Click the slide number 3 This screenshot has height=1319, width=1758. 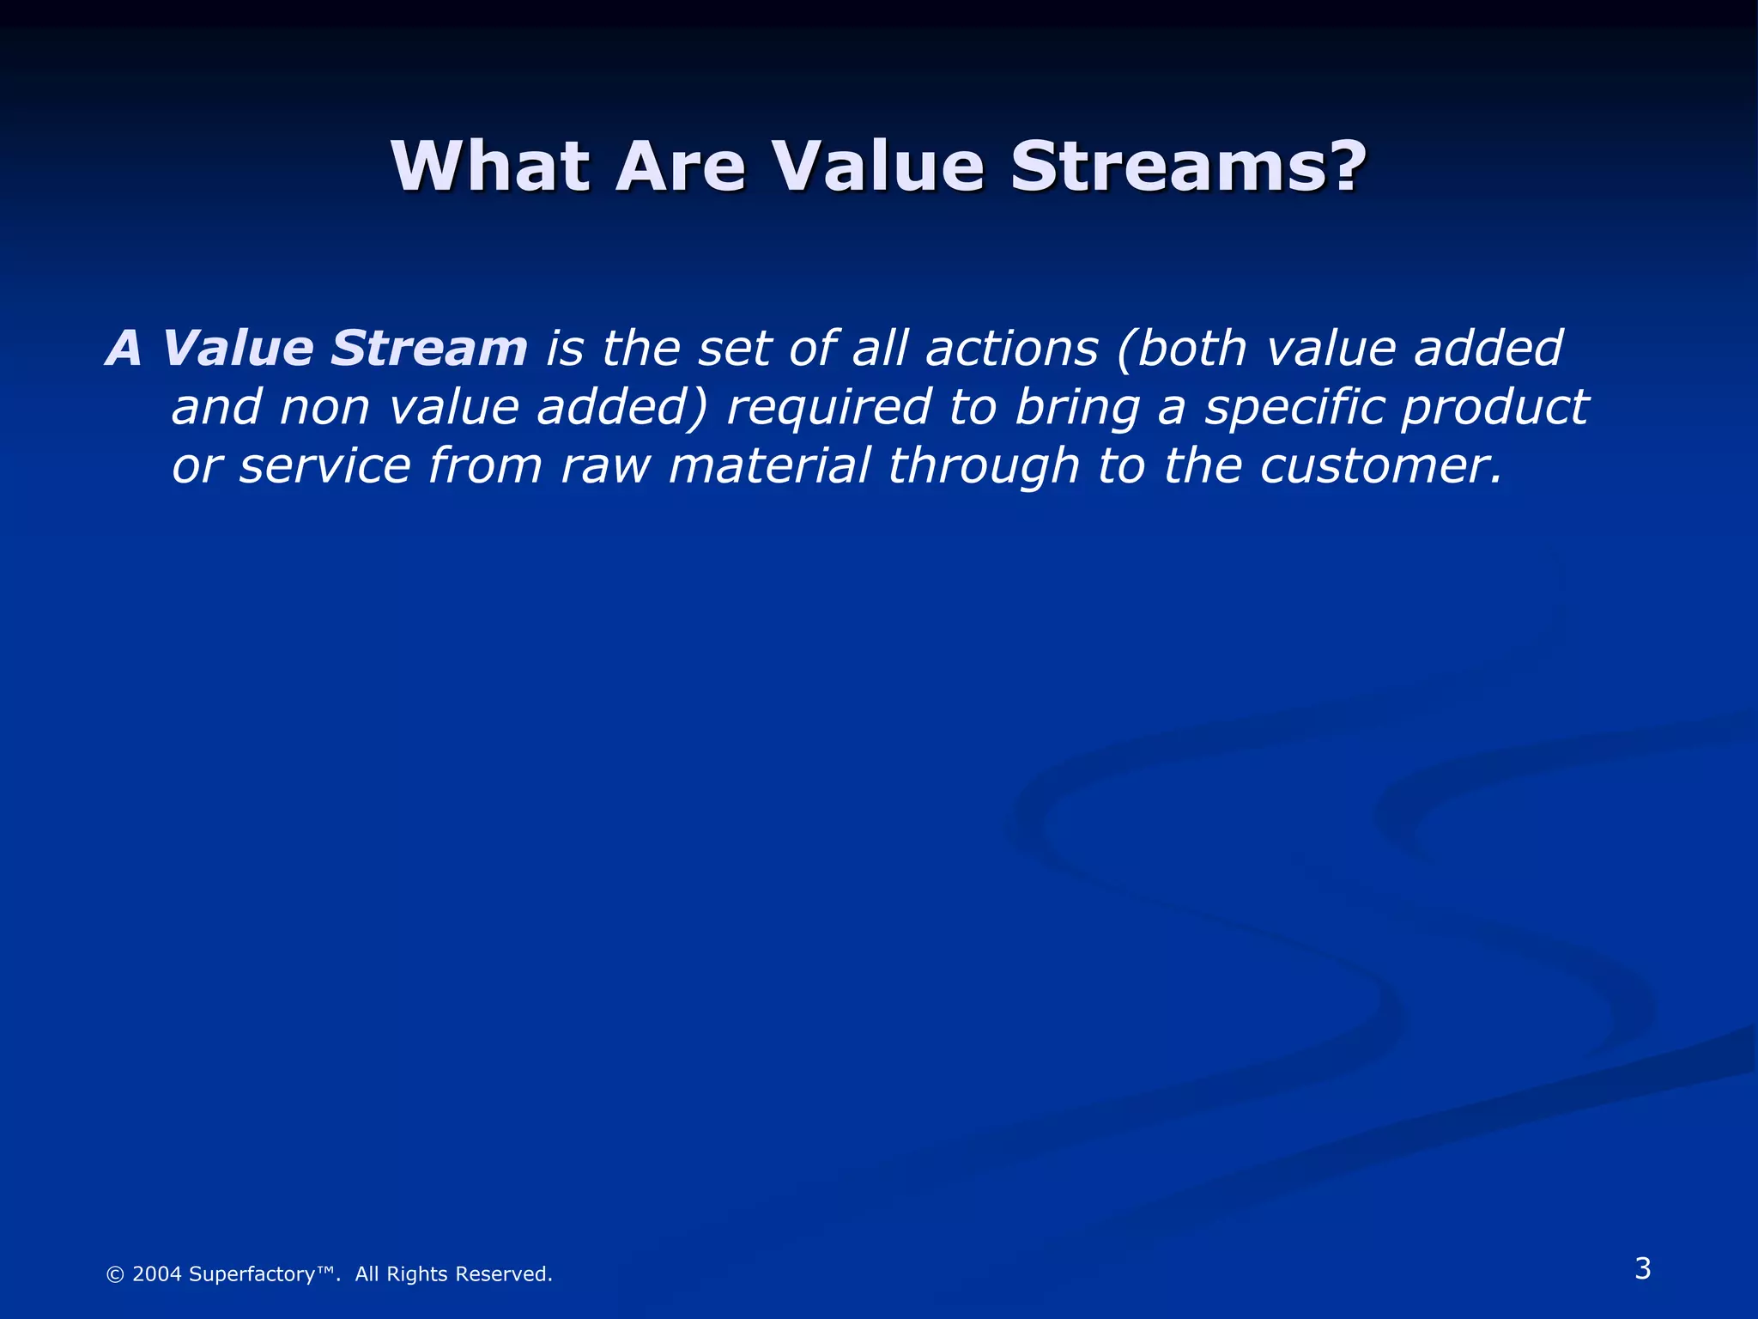click(x=1642, y=1268)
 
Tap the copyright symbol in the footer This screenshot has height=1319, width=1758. click(x=115, y=1274)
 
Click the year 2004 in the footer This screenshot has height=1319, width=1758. click(x=157, y=1274)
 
